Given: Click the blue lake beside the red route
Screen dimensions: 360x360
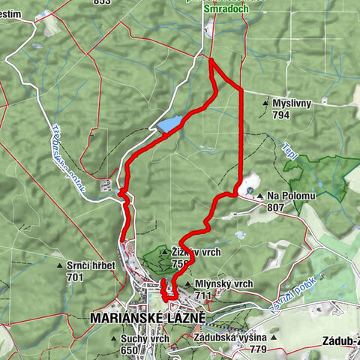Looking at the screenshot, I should coord(169,123).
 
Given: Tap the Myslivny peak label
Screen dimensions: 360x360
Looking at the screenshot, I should coord(292,103).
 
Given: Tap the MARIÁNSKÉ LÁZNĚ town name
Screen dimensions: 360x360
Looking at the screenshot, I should coord(147,317).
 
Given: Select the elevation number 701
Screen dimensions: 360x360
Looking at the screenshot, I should coord(74,277).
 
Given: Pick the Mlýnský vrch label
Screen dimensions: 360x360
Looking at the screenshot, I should coord(206,284).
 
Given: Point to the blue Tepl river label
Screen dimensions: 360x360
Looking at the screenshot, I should coord(291,150).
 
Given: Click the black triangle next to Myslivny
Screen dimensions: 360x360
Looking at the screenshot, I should coord(266,103).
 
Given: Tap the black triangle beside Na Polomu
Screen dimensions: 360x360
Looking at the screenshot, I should coord(260,196).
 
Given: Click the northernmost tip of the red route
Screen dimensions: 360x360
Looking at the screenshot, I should coord(210,60).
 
